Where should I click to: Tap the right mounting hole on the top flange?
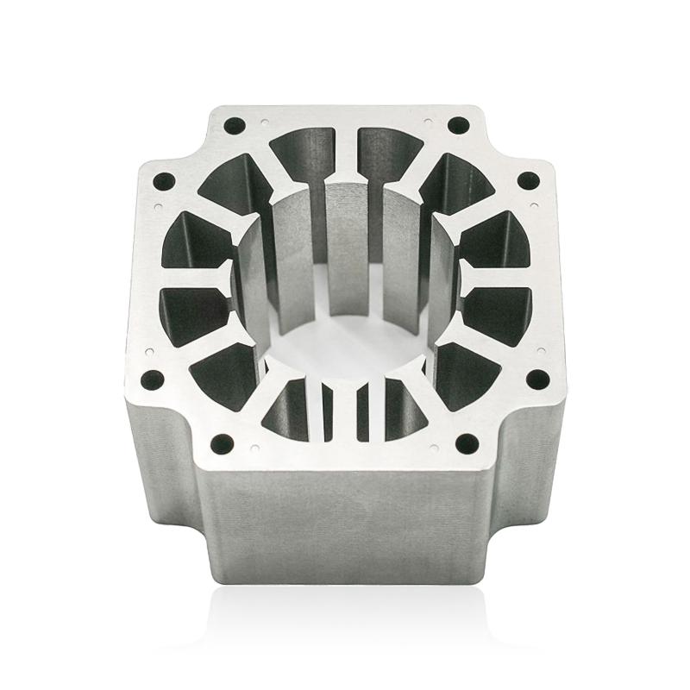[x=458, y=125]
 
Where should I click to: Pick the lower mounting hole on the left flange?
[x=154, y=378]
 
